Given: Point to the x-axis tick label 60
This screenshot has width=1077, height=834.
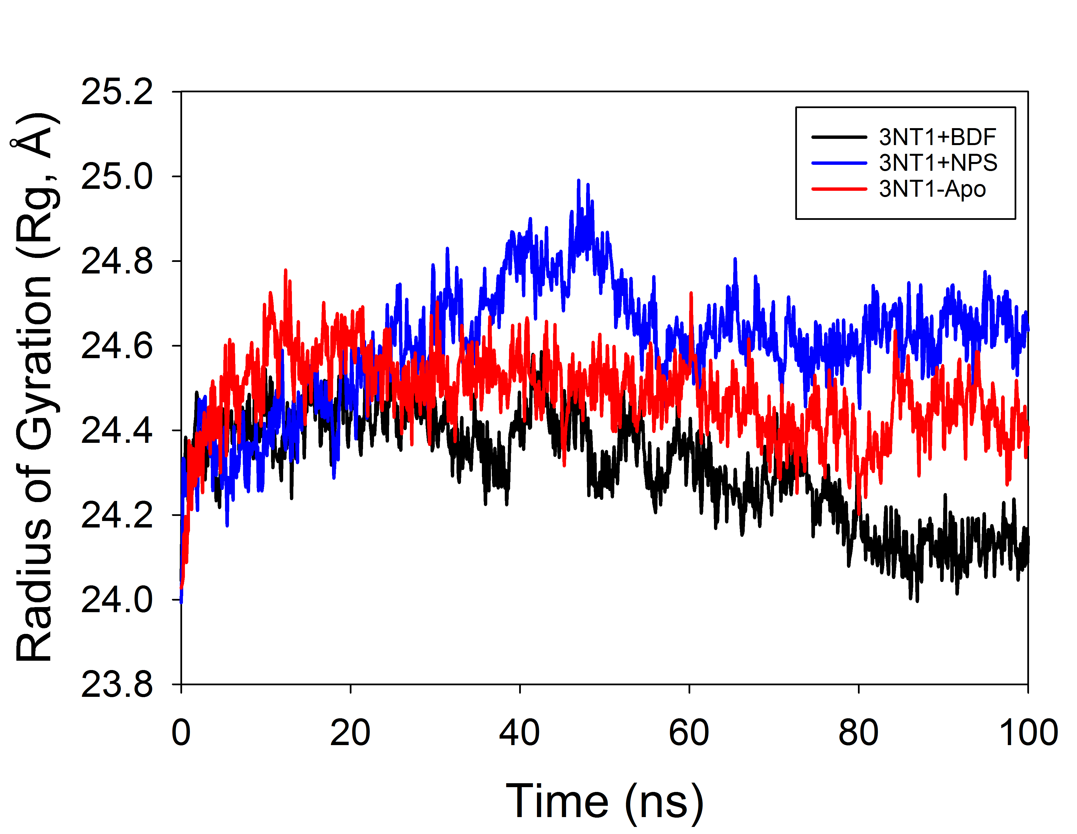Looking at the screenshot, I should point(689,733).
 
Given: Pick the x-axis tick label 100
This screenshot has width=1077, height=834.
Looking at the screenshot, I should point(1028,733).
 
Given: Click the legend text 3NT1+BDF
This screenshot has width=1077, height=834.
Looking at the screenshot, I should point(937,137).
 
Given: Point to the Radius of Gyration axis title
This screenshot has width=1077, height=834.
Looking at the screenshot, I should point(34,387).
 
